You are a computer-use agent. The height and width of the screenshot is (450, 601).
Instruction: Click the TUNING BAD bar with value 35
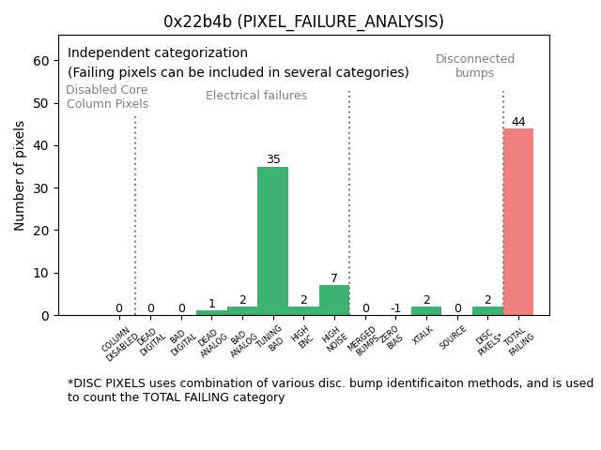click(x=272, y=241)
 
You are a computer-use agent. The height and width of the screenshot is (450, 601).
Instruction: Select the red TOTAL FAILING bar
click(x=518, y=222)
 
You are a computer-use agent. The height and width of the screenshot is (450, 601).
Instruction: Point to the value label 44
click(x=518, y=122)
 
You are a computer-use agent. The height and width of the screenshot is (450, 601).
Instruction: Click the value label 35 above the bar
click(x=272, y=160)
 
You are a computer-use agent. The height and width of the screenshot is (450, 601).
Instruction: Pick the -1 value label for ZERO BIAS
click(x=395, y=308)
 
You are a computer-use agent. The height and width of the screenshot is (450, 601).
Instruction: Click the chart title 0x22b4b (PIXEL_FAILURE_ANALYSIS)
click(x=303, y=22)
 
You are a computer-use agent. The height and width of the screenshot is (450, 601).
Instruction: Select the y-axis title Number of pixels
click(x=20, y=175)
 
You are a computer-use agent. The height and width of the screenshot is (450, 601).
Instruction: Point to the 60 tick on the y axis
click(x=40, y=61)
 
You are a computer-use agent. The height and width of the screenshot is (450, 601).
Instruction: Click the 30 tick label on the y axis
click(x=40, y=188)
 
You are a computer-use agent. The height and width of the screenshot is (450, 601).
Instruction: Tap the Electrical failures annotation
click(x=256, y=96)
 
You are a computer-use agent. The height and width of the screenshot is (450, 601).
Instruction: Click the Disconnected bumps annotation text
click(x=475, y=67)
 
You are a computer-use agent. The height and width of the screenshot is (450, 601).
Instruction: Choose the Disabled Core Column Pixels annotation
click(x=107, y=97)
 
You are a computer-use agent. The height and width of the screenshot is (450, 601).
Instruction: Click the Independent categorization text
click(x=158, y=53)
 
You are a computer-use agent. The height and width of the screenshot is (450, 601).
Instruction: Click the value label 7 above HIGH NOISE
click(x=334, y=278)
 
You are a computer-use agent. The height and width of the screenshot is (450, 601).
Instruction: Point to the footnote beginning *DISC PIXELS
click(x=330, y=390)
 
